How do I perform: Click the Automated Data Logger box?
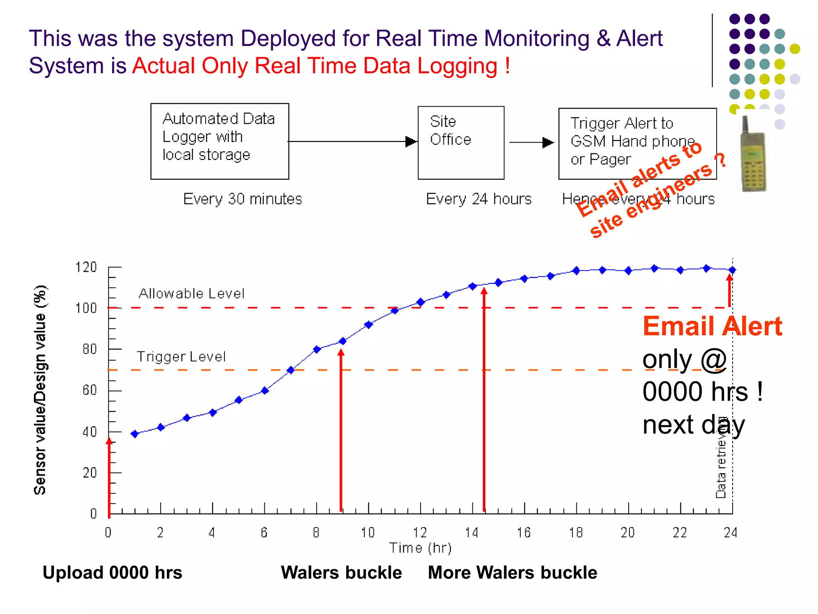pos(220,141)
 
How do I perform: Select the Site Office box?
pos(461,143)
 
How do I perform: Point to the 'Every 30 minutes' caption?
pos(242,199)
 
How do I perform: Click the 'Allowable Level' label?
pos(191,293)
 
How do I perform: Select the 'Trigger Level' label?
pos(181,357)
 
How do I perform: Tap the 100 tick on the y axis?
pos(86,308)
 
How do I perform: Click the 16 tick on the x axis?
pos(524,532)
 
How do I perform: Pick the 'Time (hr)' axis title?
pos(420,548)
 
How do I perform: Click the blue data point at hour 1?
pos(135,434)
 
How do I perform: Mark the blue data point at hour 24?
pos(732,270)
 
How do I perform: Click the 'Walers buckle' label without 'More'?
pos(341,572)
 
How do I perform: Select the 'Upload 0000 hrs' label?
pos(112,572)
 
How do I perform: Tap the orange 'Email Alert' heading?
pos(712,326)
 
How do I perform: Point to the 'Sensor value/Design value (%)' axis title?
pos(40,390)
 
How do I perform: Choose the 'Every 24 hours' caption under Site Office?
pos(478,199)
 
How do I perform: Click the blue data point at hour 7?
pos(291,370)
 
